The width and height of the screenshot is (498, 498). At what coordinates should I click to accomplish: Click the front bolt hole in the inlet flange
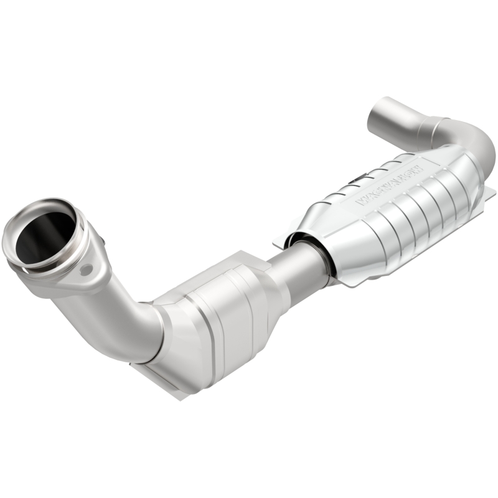coord(86,269)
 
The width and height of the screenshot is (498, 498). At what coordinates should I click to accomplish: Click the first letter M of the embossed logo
coord(360,200)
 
